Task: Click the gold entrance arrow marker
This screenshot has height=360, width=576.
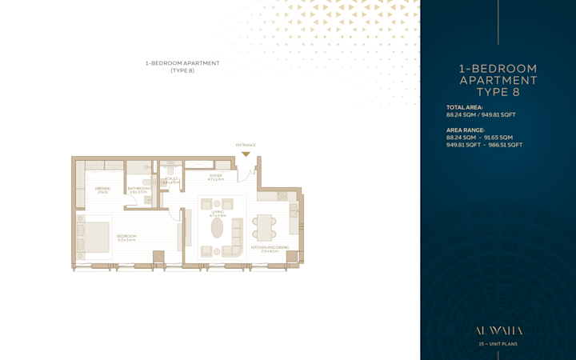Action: click(246, 154)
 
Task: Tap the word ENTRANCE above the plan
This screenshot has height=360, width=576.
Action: click(246, 146)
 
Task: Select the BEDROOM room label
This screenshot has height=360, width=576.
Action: click(126, 237)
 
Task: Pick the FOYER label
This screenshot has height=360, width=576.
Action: click(215, 177)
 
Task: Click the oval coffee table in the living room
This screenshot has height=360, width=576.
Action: click(218, 228)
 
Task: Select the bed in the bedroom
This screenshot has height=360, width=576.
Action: click(94, 237)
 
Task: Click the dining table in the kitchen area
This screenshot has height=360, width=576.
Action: click(264, 228)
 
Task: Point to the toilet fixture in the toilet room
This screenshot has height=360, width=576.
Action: click(170, 172)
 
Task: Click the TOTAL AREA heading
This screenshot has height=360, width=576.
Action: click(464, 107)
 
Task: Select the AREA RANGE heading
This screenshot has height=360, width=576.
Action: click(465, 130)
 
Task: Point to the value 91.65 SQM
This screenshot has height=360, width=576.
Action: click(496, 138)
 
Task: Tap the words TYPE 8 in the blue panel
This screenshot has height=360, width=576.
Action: click(498, 92)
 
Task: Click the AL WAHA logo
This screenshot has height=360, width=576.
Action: click(498, 330)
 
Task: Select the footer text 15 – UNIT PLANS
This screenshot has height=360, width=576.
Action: click(498, 344)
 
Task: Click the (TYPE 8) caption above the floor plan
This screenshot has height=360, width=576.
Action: click(182, 70)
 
